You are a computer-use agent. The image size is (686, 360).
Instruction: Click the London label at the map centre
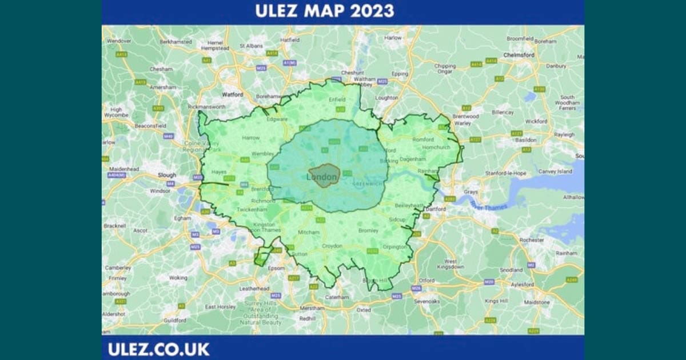(x=322, y=177)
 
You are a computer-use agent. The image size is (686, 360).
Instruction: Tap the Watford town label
(x=232, y=94)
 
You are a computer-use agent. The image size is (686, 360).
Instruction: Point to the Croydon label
(x=332, y=246)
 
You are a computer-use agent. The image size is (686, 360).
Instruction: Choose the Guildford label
(x=174, y=321)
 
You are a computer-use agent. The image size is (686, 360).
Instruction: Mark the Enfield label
(x=337, y=99)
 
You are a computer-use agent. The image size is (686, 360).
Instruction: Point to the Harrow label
(x=250, y=138)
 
